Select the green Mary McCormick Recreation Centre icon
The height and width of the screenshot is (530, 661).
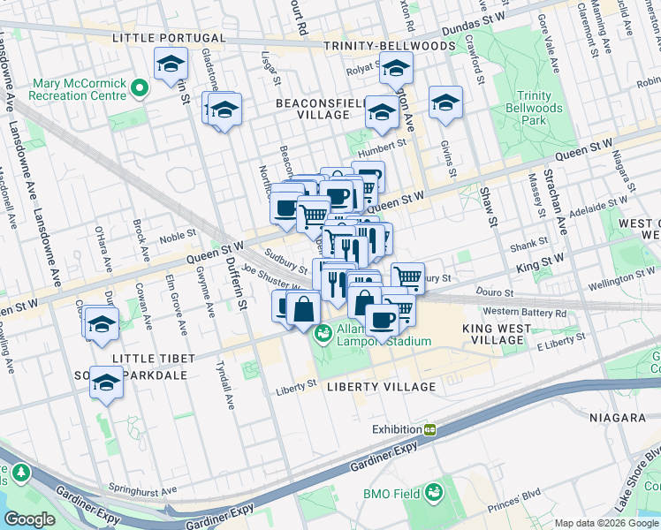pos(139,87)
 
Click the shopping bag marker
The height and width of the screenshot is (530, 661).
pos(303,309)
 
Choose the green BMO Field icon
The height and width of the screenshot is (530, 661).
pos(434,492)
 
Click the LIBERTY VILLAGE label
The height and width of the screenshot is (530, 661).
pos(381,387)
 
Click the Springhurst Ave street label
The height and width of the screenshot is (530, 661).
pos(142,488)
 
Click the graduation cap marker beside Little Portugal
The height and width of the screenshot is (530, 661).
pos(171,64)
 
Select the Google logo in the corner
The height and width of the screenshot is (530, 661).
pos(29,519)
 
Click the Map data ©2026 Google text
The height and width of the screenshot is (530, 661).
pos(606,523)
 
